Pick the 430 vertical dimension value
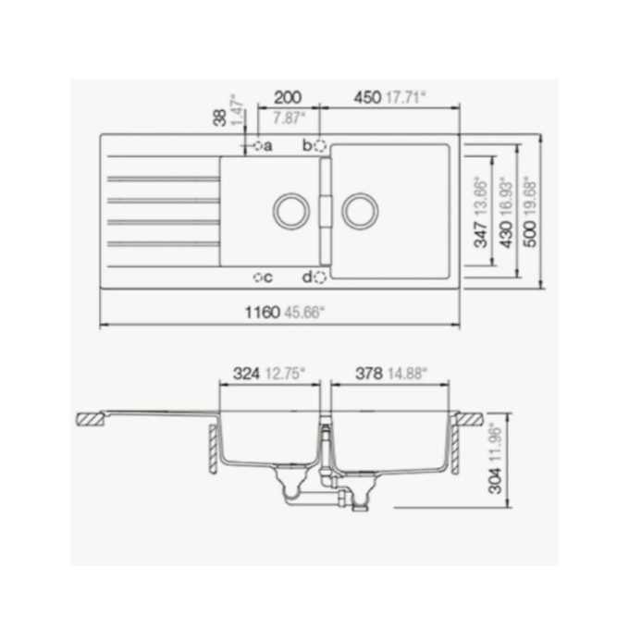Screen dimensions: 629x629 point(505,235)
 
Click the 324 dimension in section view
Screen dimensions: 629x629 point(244,375)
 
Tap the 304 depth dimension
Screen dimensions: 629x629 point(495,475)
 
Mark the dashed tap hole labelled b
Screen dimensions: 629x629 point(320,145)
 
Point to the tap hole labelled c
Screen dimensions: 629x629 point(257,277)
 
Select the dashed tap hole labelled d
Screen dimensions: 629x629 point(320,277)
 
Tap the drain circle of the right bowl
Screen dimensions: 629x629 point(359,210)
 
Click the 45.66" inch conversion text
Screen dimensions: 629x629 point(304,313)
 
